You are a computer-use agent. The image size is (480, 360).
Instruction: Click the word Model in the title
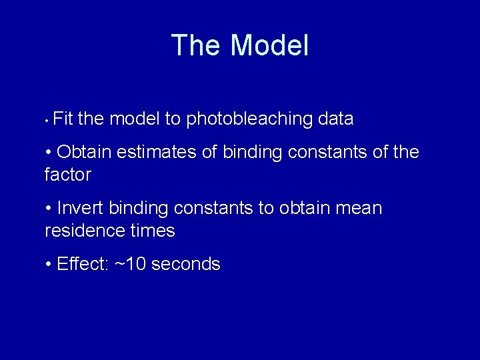coord(269,46)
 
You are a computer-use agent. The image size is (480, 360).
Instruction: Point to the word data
coord(336,119)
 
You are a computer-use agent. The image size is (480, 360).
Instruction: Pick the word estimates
coord(157,153)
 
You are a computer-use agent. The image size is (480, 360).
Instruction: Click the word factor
coord(67,175)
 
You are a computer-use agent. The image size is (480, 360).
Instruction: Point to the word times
coord(153,231)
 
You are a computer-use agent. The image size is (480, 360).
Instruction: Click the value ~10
coord(131,265)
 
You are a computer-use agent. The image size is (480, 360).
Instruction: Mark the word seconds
coord(186,265)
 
